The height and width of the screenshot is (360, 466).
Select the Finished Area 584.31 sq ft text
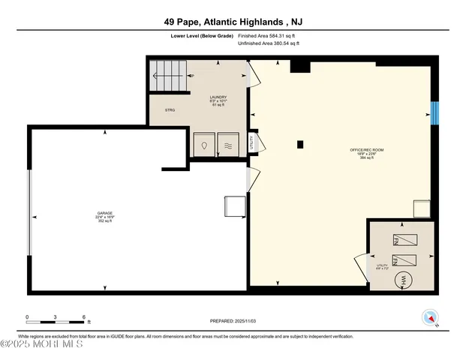268,34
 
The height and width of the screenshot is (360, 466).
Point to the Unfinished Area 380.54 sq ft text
268,43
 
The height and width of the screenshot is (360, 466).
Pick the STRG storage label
170,109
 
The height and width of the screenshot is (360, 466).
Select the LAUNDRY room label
218,97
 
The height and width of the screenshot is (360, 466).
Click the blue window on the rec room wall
435,112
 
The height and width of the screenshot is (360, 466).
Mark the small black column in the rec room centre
299,144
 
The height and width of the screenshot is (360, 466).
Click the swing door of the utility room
361,266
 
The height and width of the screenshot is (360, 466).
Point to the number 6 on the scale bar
84,316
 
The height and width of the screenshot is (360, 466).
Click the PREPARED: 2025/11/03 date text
233,321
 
